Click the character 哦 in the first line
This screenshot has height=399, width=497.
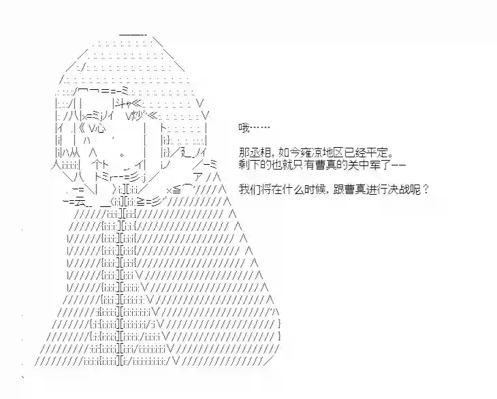[x=244, y=128]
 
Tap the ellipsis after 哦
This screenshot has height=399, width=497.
[x=260, y=128]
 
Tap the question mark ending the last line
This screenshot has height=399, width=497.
[x=426, y=189]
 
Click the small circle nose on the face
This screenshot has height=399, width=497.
[x=123, y=155]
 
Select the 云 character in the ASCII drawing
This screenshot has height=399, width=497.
[x=80, y=202]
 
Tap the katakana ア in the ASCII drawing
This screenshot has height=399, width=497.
[x=198, y=177]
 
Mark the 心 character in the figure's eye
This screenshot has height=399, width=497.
[x=100, y=129]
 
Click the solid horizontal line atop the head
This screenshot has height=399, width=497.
[x=133, y=35]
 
